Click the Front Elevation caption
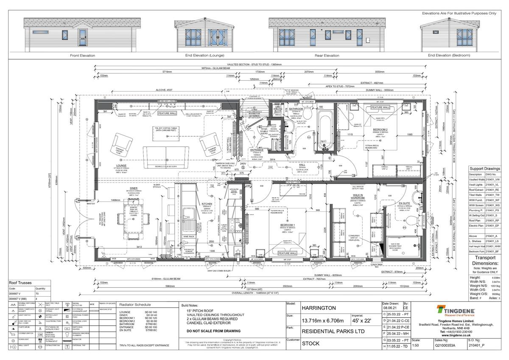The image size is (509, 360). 82,56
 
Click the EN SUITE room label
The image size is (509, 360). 404,203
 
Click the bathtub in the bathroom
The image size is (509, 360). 326,132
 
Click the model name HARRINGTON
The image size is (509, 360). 319,308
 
